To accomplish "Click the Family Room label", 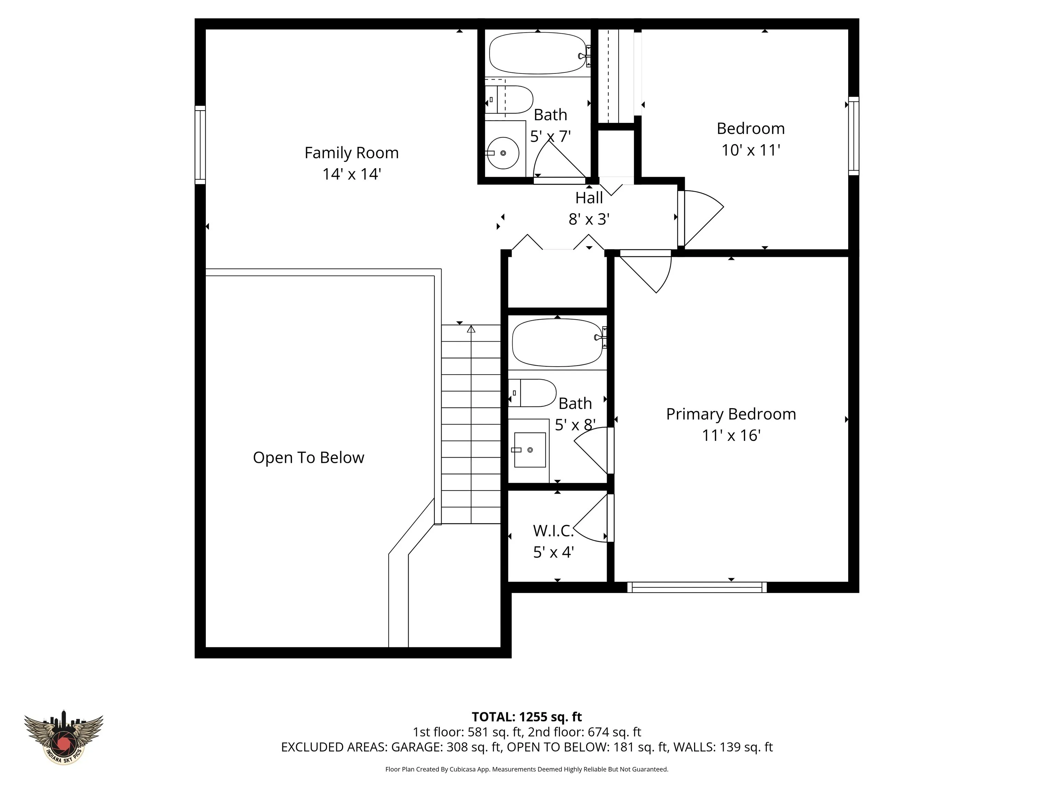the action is (x=352, y=153).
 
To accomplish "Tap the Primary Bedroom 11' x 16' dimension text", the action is (x=731, y=435).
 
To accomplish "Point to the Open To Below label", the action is (x=308, y=458).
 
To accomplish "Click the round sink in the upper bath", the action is (x=504, y=153).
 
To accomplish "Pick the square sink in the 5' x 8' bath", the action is (x=530, y=450).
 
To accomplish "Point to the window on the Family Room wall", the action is (x=200, y=145).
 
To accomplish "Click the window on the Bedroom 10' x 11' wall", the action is (x=853, y=136).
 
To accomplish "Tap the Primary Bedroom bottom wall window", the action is (x=696, y=587).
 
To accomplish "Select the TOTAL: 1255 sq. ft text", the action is (x=527, y=717).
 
